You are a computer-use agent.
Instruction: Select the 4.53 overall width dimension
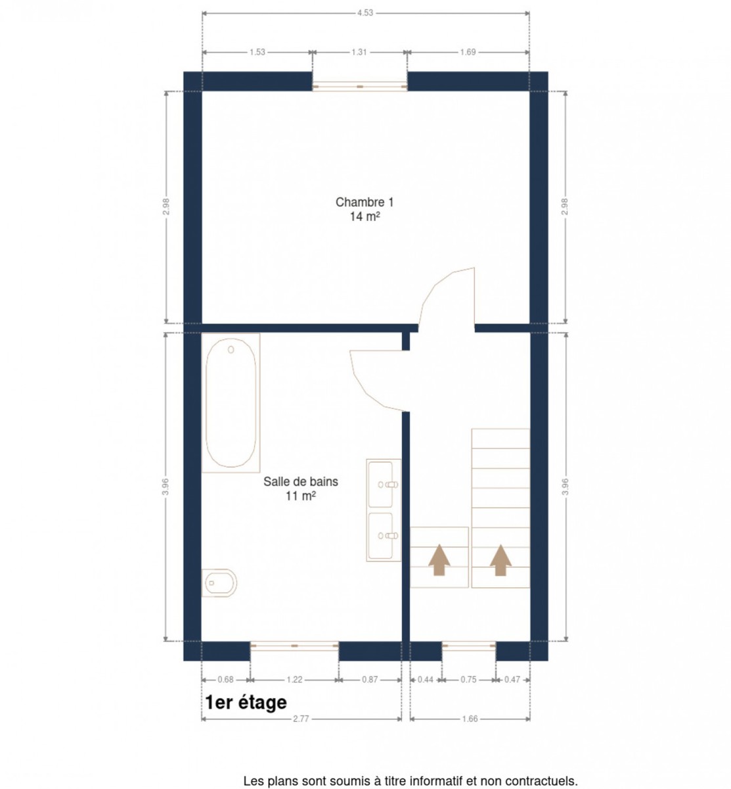[x=365, y=13]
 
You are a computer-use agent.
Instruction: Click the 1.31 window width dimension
[x=359, y=52]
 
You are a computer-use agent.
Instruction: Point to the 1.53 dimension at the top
[x=257, y=52]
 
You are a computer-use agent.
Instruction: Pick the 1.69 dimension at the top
[x=468, y=52]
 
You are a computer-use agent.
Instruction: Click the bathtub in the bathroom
[x=231, y=402]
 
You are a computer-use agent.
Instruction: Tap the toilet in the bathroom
[x=219, y=583]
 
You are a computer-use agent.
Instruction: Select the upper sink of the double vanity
[x=380, y=483]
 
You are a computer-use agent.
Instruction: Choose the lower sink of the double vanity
[x=380, y=536]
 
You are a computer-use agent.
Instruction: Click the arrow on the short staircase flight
[x=439, y=560]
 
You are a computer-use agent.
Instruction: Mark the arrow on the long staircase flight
[x=500, y=560]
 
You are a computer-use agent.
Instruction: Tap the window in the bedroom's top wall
[x=359, y=86]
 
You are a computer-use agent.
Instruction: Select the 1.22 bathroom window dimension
[x=294, y=679]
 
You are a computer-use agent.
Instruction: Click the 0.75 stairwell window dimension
[x=468, y=679]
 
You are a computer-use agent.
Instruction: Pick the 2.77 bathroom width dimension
[x=301, y=719]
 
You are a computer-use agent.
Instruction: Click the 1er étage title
[x=246, y=702]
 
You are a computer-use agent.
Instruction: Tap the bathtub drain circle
[x=231, y=350]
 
